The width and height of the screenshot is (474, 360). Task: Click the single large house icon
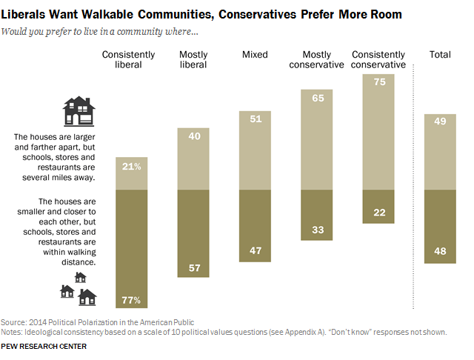click(79, 111)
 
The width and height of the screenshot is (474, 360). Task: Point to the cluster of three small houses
click(79, 290)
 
